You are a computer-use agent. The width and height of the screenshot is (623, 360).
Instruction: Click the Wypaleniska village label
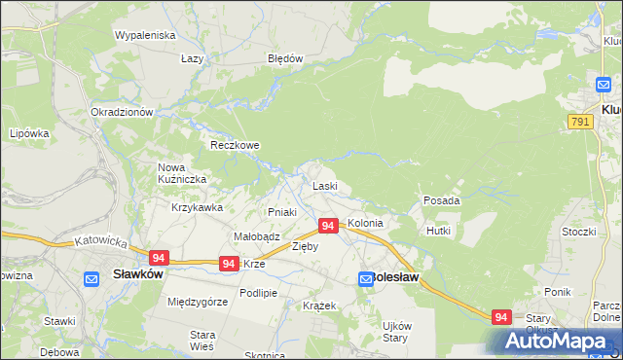[x=144, y=35]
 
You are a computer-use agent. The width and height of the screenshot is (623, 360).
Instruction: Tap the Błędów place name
[x=286, y=58]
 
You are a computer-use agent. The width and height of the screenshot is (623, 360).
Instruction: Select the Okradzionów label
[x=123, y=112]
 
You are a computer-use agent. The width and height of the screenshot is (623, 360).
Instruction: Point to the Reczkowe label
[x=236, y=146]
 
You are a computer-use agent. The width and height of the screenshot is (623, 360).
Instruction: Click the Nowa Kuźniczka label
[x=179, y=173]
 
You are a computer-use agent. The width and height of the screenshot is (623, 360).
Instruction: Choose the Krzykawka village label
[x=198, y=207]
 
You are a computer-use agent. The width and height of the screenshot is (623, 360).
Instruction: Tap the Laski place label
[x=324, y=186]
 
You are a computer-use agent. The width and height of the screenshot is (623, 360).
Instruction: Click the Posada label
[x=441, y=200]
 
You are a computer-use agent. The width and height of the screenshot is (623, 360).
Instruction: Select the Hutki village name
[x=437, y=231]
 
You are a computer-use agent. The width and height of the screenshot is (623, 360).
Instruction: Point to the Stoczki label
[x=578, y=232]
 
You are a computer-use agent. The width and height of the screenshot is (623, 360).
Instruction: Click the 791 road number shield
[x=579, y=121]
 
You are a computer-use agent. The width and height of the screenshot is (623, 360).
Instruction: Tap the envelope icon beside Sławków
[x=92, y=278]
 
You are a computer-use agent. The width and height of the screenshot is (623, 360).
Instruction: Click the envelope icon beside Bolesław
[x=366, y=278]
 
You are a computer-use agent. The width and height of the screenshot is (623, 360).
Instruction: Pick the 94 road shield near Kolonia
[x=328, y=226]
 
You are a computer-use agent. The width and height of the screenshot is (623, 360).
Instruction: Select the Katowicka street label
[x=101, y=239]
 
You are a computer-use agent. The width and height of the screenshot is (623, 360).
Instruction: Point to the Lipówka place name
[x=29, y=133]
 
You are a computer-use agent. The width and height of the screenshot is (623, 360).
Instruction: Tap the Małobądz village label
[x=257, y=236]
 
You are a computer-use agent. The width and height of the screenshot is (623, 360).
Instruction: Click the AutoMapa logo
[x=559, y=341]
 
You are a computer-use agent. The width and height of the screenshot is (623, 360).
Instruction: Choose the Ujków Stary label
[x=395, y=332]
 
